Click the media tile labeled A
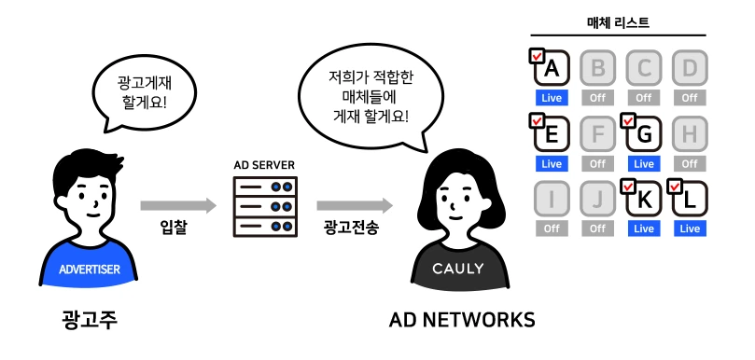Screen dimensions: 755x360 [x=552, y=68]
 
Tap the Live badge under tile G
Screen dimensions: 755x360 [x=644, y=164]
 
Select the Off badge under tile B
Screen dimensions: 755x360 [x=597, y=98]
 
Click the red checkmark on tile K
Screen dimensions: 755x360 [x=628, y=186]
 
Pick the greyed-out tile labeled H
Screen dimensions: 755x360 [x=690, y=134]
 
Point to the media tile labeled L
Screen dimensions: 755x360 [x=690, y=199]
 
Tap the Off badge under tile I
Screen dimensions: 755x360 [x=552, y=228]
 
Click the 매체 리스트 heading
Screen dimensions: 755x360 [x=618, y=22]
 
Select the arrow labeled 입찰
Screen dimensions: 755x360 [x=178, y=205]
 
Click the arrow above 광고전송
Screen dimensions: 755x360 [x=355, y=205]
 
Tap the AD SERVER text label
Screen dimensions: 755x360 [x=264, y=165]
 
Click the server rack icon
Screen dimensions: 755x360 [x=265, y=206]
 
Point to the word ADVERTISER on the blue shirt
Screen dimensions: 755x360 [x=90, y=269]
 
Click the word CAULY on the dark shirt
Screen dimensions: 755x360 [x=457, y=268]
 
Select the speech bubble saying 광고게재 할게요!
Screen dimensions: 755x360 [x=144, y=96]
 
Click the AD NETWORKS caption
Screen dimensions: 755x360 [x=462, y=320]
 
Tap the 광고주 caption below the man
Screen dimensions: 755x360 [x=90, y=320]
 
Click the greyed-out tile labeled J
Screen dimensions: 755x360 [x=597, y=199]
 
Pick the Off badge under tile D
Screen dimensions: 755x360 [x=690, y=98]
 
